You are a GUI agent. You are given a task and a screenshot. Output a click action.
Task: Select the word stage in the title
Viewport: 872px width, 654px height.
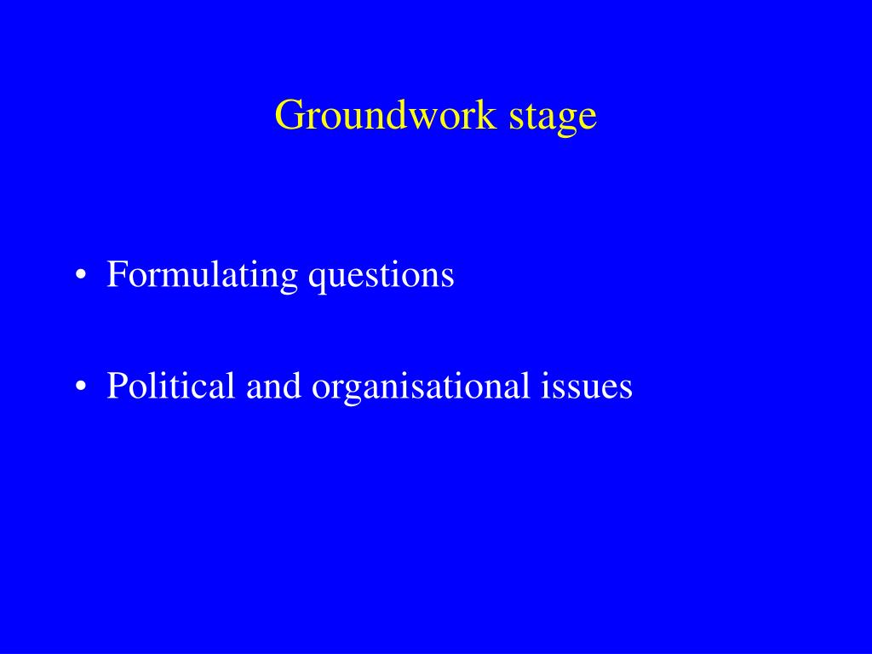pos(553,115)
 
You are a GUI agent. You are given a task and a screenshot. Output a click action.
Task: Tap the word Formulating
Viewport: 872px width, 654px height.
pos(202,275)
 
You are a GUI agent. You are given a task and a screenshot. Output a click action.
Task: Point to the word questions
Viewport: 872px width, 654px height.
pos(381,275)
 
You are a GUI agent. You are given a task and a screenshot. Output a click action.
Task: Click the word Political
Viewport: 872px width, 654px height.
pos(170,386)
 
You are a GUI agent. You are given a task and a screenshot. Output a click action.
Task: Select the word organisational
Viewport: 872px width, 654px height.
pos(421,386)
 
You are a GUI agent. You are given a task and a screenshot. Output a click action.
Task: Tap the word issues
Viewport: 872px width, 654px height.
pos(587,386)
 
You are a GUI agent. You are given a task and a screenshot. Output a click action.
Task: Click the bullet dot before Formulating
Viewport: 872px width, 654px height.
pos(80,277)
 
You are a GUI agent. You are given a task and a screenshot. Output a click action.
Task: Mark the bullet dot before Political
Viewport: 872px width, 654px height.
pos(80,387)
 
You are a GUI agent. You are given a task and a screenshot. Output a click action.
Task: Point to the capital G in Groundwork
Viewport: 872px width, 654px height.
pos(289,115)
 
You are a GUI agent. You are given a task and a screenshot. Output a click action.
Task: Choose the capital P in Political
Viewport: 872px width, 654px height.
pos(116,386)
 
